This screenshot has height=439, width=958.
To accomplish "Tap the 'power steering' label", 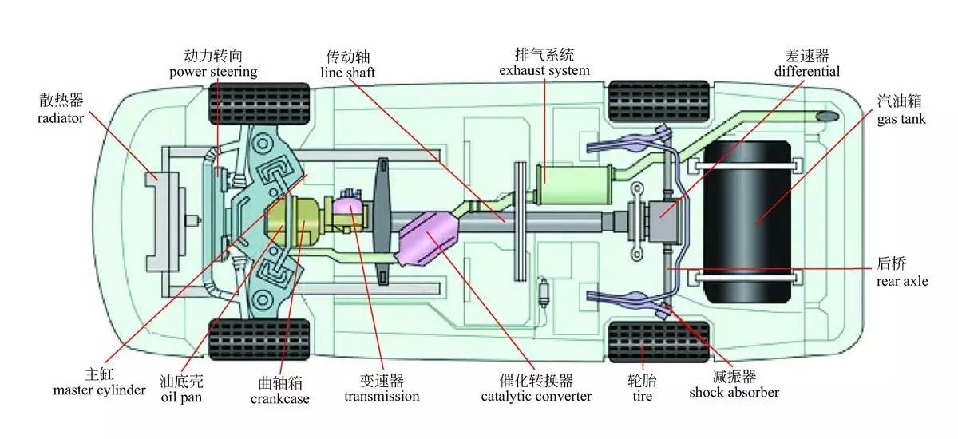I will pos(213,72).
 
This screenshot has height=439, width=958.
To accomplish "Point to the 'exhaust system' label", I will pos(544,70).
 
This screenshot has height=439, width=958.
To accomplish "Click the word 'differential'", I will pos(806,71).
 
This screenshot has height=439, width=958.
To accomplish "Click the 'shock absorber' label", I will pos(734,392).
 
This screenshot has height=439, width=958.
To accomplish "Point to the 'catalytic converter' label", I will pos(536,396).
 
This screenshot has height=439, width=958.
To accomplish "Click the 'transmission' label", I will pos(382,396).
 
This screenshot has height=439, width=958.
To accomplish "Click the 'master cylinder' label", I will pos(100,390).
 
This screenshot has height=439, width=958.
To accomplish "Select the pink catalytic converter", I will pos(432,239).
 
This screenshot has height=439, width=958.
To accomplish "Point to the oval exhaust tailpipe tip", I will pos(828,117).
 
